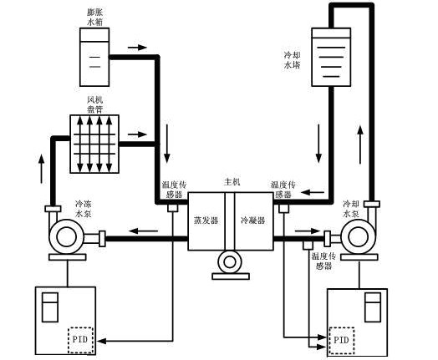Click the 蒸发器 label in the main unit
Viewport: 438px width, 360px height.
pos(206,221)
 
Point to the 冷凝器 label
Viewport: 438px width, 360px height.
pos(253,221)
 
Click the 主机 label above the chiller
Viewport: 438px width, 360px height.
pos(232,182)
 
